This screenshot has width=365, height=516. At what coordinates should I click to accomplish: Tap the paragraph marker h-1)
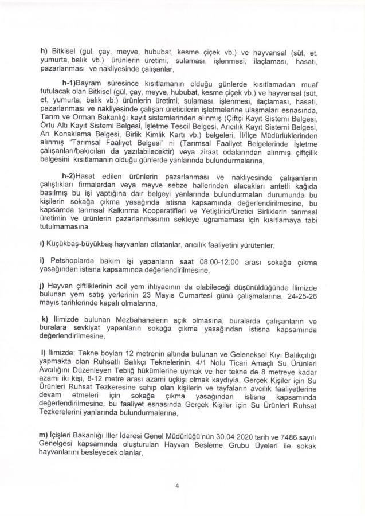coord(73,100)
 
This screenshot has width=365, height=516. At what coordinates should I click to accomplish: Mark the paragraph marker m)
coord(44,438)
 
